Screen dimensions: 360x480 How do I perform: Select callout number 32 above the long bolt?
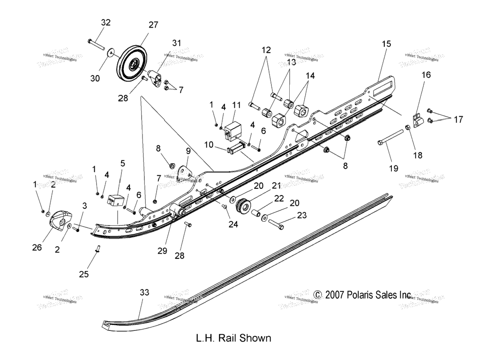click(x=106, y=22)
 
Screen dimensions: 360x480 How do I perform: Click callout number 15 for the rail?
click(x=386, y=44)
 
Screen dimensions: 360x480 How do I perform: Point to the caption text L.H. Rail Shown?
click(x=233, y=337)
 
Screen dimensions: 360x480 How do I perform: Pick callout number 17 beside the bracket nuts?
click(x=457, y=120)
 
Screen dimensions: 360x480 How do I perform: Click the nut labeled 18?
click(x=408, y=127)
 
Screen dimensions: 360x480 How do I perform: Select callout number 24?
click(x=233, y=225)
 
